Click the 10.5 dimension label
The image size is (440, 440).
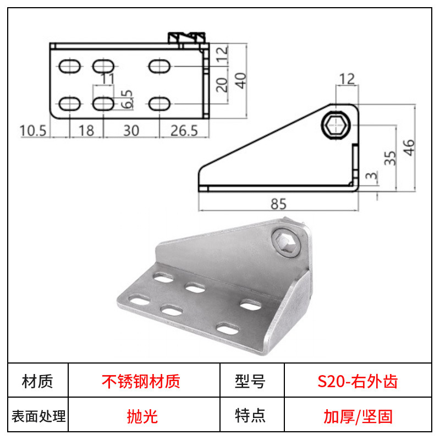(33, 131)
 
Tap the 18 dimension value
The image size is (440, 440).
(86, 131)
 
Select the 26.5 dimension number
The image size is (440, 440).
(184, 131)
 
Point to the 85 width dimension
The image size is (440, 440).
(278, 204)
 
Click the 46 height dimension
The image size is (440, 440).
(409, 147)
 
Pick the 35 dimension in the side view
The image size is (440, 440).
(390, 158)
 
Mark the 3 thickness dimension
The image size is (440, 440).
(372, 176)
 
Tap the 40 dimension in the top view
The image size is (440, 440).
(240, 80)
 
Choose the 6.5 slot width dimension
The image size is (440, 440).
(127, 99)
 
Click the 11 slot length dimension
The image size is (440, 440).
(107, 78)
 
